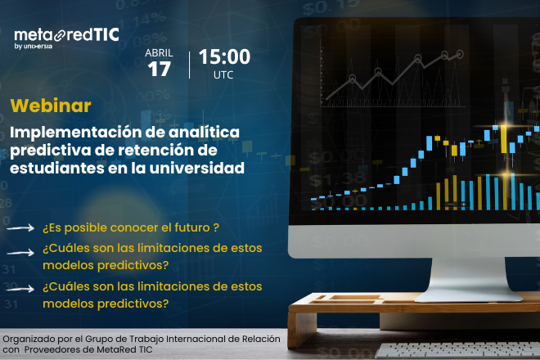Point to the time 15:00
tap(223, 57)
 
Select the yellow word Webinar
tap(51, 106)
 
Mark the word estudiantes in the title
tap(52, 169)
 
